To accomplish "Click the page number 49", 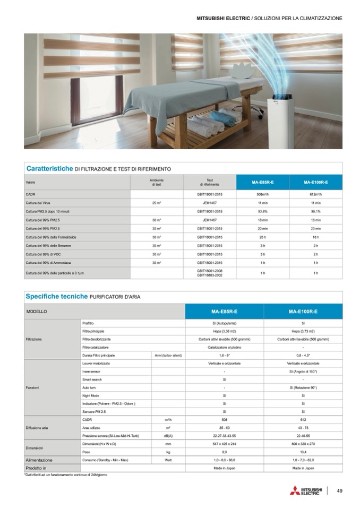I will click(x=339, y=491).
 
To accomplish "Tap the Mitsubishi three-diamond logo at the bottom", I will click(x=294, y=491).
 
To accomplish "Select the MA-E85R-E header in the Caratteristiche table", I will click(x=262, y=183).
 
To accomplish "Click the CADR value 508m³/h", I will click(x=262, y=195).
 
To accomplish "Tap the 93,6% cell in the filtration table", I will click(x=262, y=211).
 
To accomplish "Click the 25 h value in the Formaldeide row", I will click(x=262, y=237).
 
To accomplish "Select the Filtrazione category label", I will click(x=34, y=339).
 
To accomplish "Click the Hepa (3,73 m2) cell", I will click(x=303, y=331).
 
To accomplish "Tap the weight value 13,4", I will click(x=303, y=452).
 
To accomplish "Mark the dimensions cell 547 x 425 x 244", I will click(x=224, y=443).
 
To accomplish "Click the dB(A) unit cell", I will click(x=168, y=435).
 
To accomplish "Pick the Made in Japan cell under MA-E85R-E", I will click(x=224, y=468).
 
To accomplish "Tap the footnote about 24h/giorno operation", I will click(x=66, y=474).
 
